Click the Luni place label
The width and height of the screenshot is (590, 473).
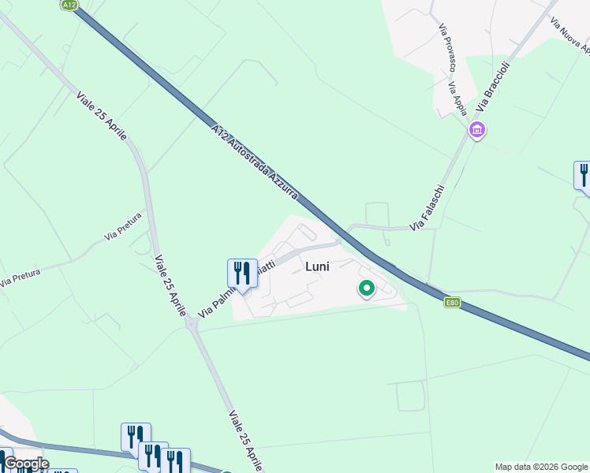316,266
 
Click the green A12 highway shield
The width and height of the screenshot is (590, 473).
69,5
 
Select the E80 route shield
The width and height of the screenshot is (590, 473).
451,302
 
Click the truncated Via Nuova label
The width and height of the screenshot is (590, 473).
570,36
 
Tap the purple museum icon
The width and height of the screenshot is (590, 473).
476,130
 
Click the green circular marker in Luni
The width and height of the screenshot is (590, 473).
367,289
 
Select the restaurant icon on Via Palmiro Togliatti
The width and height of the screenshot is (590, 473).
242,274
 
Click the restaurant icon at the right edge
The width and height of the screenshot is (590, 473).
584,175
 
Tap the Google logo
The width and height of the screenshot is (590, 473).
26,464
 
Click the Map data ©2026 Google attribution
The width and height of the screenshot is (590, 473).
541,467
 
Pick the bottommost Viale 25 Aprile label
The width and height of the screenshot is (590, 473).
246,440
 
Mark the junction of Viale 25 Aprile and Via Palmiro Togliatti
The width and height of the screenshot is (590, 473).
191,323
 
